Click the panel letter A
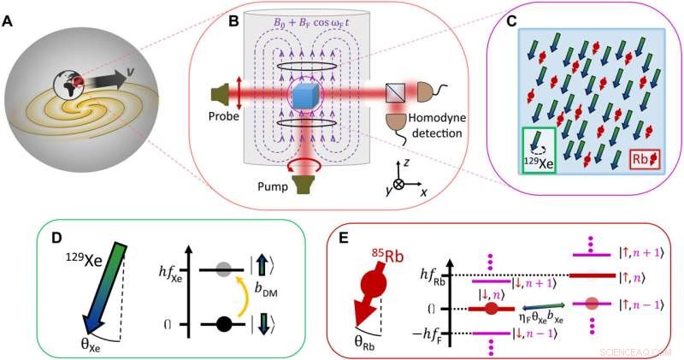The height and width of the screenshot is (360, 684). coord(11,23)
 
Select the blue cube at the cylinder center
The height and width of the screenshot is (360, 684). coord(305,97)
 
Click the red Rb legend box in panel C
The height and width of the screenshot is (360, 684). coord(646,159)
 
